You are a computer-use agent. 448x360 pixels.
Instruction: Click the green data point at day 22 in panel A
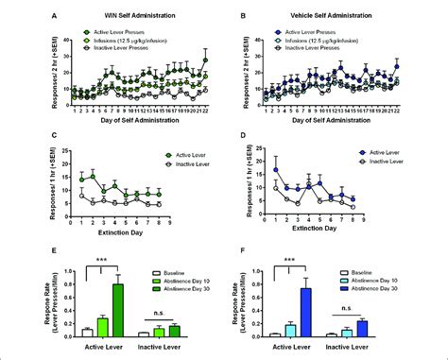click(206, 60)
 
